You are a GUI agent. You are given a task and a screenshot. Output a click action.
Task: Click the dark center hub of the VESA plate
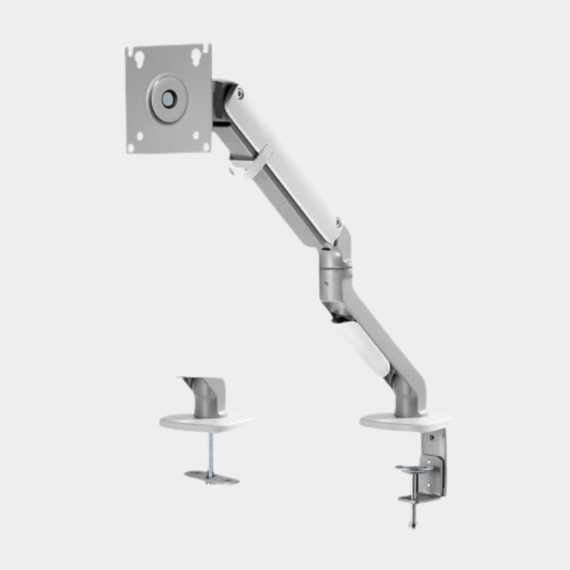[169, 98]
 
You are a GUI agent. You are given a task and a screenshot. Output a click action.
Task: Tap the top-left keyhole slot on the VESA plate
[139, 58]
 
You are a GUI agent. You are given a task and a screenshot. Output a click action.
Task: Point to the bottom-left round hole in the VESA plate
[139, 137]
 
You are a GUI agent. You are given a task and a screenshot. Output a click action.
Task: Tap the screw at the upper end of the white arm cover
[239, 93]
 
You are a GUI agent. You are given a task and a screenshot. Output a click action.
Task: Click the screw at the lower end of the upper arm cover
[338, 222]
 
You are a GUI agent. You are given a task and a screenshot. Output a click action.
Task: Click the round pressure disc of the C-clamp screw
[415, 469]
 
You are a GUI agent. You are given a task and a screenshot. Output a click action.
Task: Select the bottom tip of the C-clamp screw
[412, 524]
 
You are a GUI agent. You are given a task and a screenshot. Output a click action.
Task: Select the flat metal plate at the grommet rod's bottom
[211, 477]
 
